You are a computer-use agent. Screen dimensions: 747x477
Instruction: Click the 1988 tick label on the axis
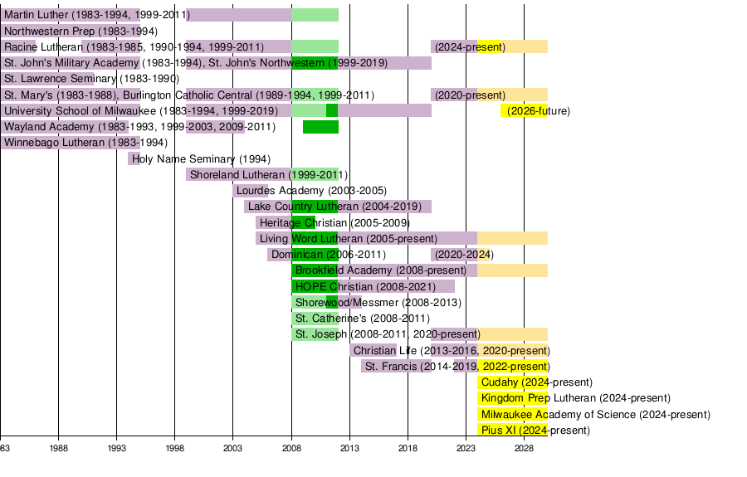point(58,449)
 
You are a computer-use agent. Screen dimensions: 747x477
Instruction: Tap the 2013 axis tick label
point(349,449)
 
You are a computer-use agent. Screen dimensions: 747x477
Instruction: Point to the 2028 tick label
point(524,449)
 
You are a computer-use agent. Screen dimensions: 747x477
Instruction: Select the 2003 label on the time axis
point(233,449)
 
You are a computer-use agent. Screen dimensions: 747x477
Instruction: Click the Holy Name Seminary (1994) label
point(201,159)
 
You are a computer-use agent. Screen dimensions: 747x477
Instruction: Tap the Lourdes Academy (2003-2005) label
point(311,191)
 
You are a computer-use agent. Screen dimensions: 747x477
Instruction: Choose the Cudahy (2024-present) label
point(537,382)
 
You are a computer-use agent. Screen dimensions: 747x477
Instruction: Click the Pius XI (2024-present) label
point(535,431)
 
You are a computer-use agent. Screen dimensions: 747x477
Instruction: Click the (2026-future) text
point(539,111)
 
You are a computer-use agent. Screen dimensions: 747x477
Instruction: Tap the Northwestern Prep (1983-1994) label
point(81,32)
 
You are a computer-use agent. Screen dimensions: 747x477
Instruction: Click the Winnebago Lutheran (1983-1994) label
point(85,143)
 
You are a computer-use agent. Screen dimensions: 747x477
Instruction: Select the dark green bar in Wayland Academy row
point(320,127)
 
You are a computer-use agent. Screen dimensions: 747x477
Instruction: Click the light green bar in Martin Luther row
point(315,15)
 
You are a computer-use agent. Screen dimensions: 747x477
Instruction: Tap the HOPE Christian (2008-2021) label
point(365,286)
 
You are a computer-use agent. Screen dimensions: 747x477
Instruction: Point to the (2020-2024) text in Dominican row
point(464,255)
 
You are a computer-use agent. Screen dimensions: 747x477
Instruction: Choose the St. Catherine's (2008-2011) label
point(363,319)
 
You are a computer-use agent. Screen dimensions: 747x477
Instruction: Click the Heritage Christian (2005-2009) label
point(334,223)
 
